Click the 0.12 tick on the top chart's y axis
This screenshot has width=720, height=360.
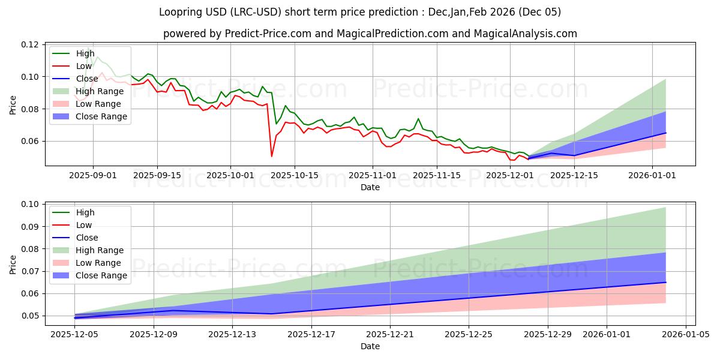tap(31, 45)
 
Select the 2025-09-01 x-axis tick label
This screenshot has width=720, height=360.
tap(92, 175)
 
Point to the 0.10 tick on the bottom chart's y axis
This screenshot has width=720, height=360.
tap(31, 205)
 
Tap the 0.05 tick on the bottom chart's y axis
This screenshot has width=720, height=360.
tap(31, 316)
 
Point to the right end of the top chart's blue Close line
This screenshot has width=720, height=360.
tap(665, 133)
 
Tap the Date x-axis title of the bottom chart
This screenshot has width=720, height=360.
tap(370, 347)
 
